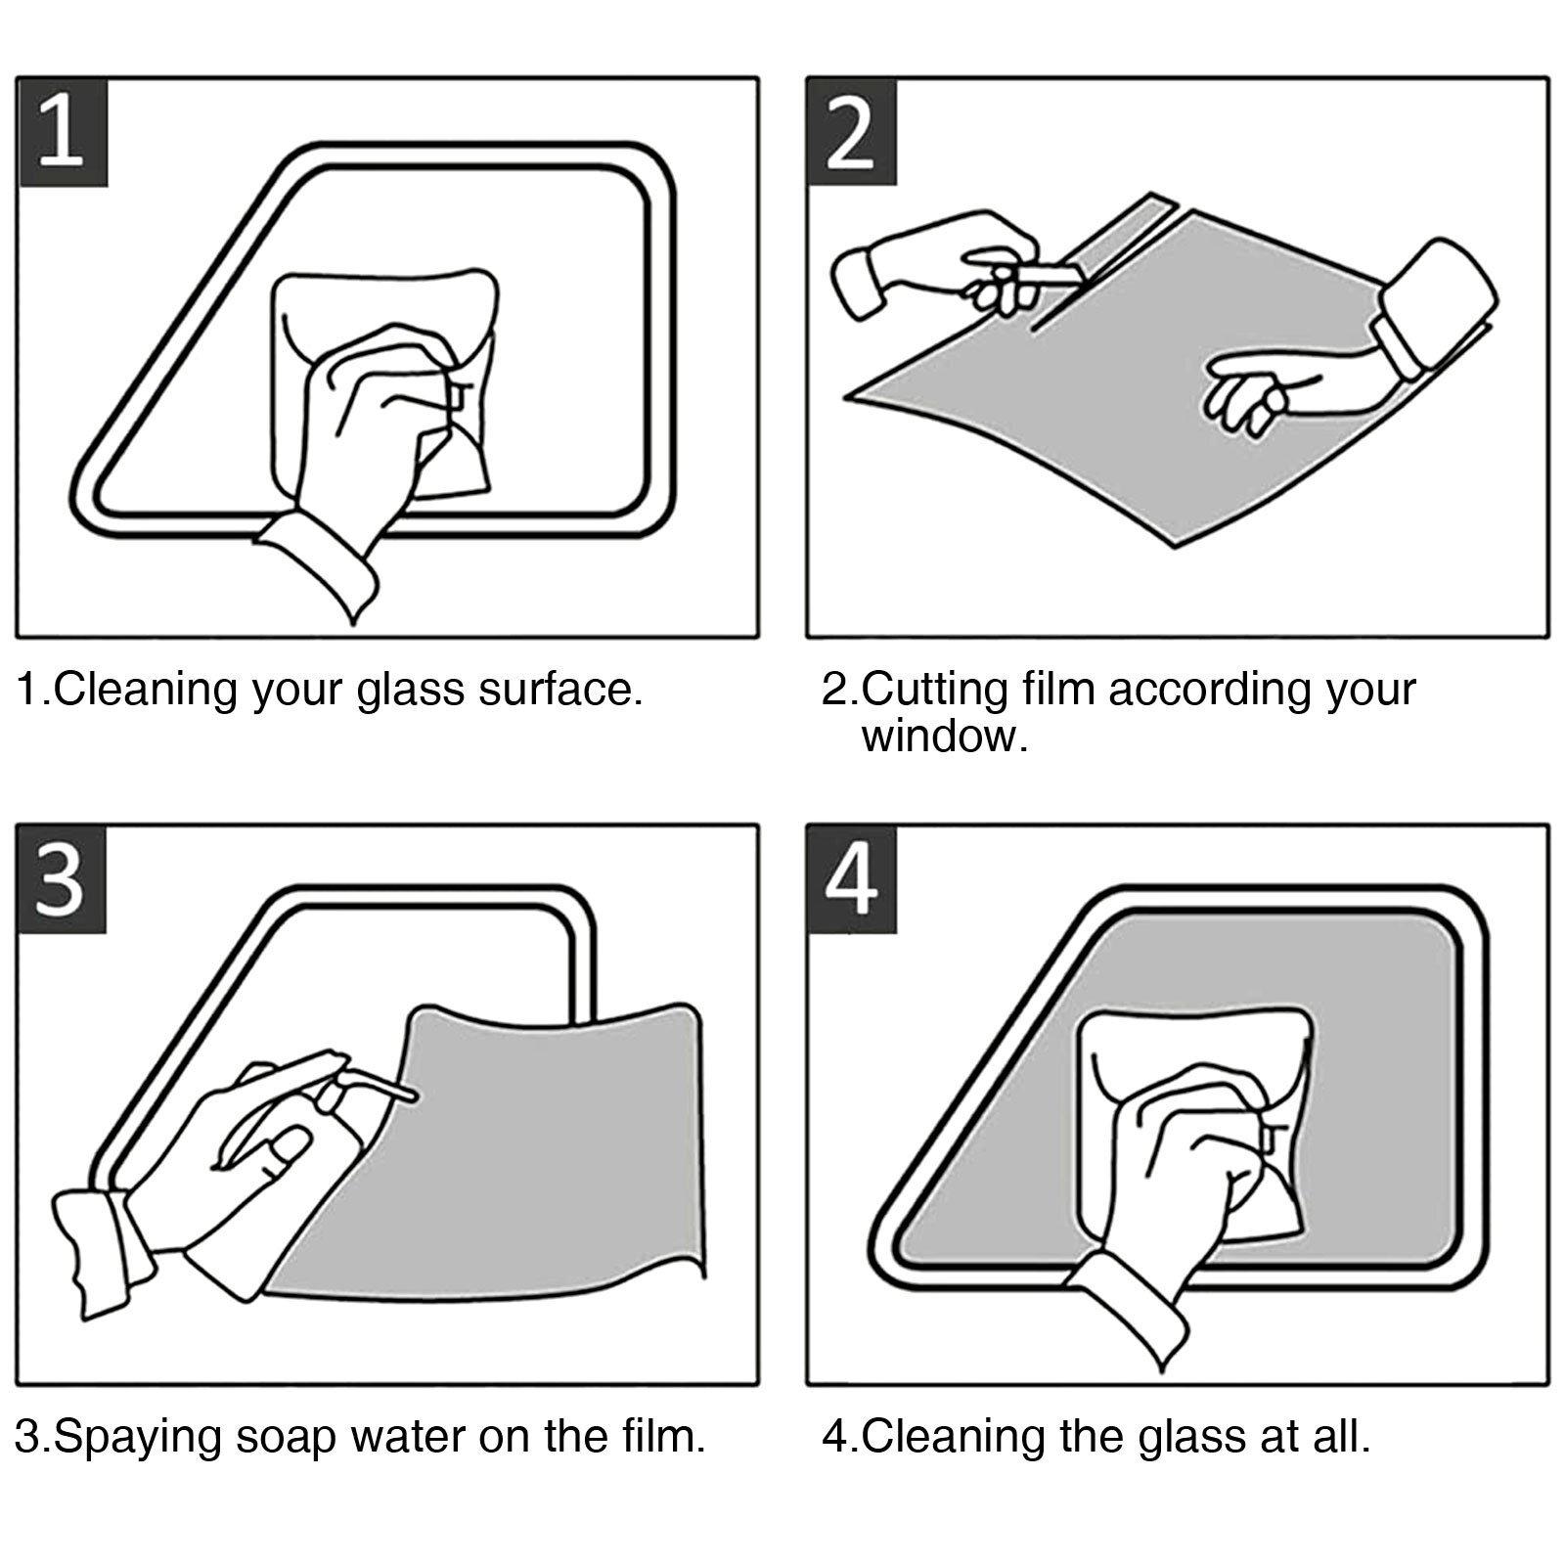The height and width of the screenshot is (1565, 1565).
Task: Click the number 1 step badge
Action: (62, 132)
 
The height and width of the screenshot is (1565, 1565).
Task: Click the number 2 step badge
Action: (851, 132)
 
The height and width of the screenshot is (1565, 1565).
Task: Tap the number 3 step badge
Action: (62, 878)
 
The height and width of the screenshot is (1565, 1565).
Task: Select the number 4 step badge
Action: (851, 878)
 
